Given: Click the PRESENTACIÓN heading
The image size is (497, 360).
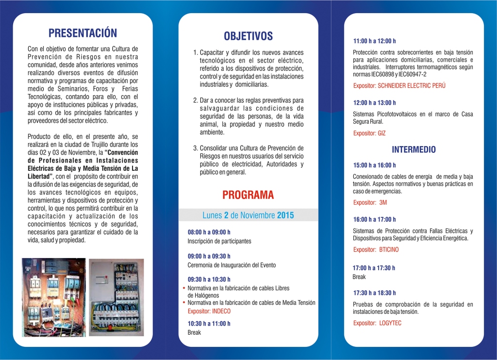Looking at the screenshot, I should click(x=83, y=33).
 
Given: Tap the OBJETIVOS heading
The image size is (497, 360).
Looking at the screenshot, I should click(x=248, y=36).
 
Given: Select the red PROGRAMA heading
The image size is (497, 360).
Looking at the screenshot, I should click(x=248, y=195).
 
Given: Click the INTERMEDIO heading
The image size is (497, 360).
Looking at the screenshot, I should click(x=414, y=149).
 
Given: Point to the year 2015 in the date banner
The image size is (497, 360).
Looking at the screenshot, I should click(x=285, y=215).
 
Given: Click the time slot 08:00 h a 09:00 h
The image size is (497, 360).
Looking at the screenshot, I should click(x=209, y=232).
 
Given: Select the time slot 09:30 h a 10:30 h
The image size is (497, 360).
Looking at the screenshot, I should click(x=209, y=279).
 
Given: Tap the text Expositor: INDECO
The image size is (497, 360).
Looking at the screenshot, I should click(x=209, y=311).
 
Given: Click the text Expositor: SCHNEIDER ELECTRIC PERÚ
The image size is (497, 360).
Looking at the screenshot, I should click(x=399, y=85).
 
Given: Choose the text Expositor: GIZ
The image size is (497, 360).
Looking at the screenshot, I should click(x=369, y=133).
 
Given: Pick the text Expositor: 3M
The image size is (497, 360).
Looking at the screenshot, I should click(x=370, y=202).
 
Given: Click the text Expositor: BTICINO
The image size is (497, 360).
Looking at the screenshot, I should click(x=376, y=249).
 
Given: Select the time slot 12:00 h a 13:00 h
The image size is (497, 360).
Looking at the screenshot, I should click(x=374, y=103).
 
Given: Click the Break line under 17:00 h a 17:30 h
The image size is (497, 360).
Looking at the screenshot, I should click(x=359, y=277).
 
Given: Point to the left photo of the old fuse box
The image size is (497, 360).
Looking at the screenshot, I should click(x=54, y=297).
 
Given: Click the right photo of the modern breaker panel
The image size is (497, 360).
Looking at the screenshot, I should click(x=116, y=297).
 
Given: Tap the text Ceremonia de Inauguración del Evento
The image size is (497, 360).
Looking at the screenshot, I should click(x=232, y=265).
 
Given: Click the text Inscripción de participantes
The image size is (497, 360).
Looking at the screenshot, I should click(x=219, y=241).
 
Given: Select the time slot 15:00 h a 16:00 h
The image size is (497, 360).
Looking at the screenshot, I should click(x=374, y=165).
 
